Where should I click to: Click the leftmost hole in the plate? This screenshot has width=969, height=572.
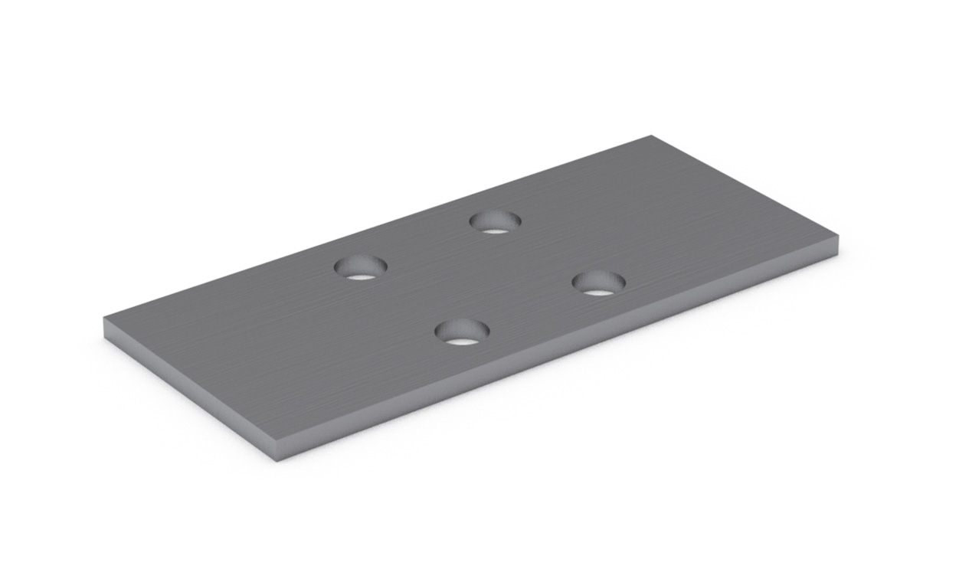[360, 267]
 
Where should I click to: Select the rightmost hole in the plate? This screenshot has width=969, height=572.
[598, 283]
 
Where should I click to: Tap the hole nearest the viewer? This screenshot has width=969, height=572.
[462, 332]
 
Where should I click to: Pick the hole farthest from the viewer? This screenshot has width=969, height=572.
[495, 222]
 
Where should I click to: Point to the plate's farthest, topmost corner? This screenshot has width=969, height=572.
[652, 136]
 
